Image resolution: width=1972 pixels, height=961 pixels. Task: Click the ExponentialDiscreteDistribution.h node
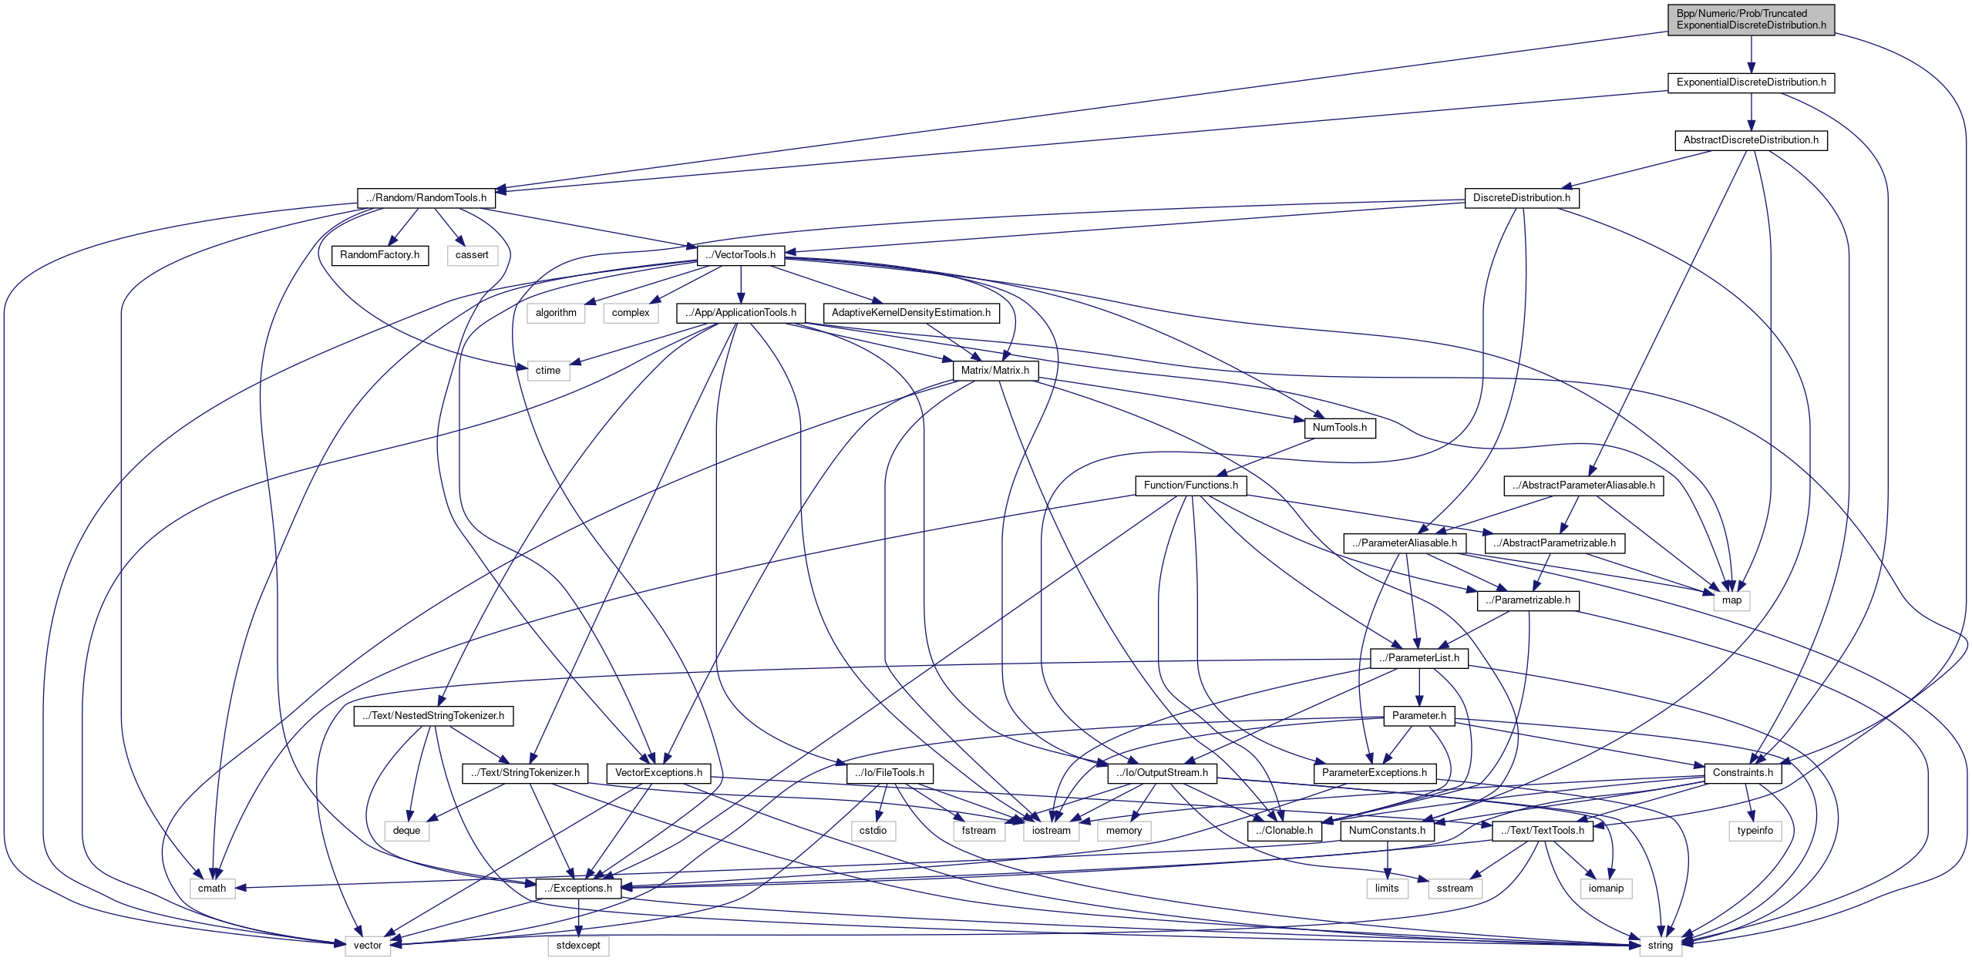[x=1751, y=82]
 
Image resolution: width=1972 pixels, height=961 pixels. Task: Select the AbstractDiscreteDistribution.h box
[x=1751, y=140]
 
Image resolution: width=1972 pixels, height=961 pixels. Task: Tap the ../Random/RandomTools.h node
[x=426, y=198]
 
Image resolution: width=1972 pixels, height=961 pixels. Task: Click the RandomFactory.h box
[x=379, y=255]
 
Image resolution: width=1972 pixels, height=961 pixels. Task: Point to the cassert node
[x=472, y=255]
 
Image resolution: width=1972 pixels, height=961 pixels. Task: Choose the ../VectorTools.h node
[x=740, y=255]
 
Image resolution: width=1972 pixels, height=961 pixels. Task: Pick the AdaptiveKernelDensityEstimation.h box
[x=911, y=313]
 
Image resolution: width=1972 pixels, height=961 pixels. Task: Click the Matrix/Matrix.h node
[x=994, y=371]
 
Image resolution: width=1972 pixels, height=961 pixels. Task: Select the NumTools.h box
[x=1339, y=428]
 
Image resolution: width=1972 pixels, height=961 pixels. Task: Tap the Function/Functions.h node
[x=1190, y=486]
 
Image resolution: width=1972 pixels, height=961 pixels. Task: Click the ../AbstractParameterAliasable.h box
[x=1583, y=486]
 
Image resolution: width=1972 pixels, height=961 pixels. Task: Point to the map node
[x=1731, y=600]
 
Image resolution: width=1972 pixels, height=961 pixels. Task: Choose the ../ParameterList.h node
[x=1418, y=658]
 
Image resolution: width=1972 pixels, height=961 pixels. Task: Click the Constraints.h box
[x=1742, y=773]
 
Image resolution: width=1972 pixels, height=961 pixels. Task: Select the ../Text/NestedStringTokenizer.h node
[x=434, y=716]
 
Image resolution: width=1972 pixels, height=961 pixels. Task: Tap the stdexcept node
[x=578, y=946]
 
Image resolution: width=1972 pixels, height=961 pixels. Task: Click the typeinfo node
[x=1755, y=831]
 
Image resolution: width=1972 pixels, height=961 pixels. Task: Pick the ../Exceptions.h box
[x=578, y=889]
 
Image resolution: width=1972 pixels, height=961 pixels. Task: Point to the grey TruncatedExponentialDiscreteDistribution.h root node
[x=1751, y=19]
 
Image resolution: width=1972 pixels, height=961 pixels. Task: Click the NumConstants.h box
[x=1387, y=831]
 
